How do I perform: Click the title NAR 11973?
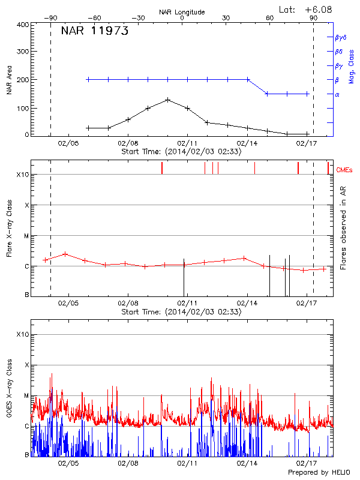[95, 32]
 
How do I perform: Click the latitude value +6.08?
[319, 10]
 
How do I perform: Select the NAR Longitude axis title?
[182, 12]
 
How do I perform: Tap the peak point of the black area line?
[168, 100]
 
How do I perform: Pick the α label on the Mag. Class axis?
[337, 94]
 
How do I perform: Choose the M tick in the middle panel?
[26, 236]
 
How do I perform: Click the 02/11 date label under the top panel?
[187, 143]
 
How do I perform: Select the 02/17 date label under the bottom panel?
[307, 463]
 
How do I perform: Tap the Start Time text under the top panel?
[181, 152]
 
